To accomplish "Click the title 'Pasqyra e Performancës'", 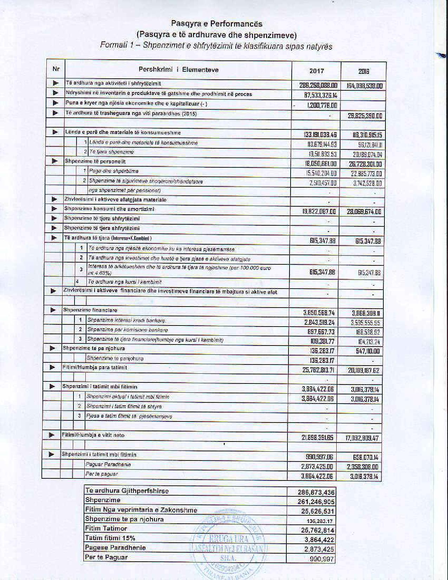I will pos(216,24).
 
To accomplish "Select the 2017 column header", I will pos(317,71).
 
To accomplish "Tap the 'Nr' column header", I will pos(56,69).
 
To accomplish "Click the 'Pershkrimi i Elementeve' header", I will pos(178,70).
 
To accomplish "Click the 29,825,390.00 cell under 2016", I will pos(365,116).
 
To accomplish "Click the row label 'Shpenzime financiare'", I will pos(90,310).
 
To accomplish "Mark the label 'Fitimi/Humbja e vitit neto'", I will pos(93,435).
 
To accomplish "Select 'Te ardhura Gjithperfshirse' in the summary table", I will pos(127,491).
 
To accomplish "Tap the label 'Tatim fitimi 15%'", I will pos(110,538).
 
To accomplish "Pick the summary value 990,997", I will pos(322,559).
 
